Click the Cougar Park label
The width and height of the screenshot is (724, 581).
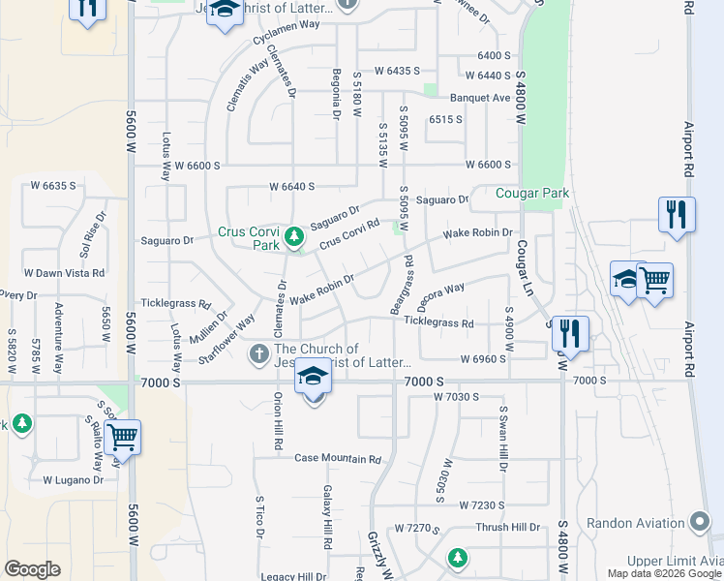tap(531, 194)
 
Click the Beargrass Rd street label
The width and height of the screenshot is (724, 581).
tap(402, 283)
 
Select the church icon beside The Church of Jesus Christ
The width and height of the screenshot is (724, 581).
tap(258, 354)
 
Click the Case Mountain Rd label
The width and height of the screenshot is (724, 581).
tap(338, 458)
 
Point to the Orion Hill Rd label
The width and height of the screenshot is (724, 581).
tap(278, 422)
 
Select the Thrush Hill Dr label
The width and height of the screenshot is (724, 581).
tap(507, 528)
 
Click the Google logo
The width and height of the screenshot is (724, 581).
tap(32, 569)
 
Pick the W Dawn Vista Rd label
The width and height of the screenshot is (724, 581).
tap(64, 274)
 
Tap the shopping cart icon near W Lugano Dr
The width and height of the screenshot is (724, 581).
tap(123, 437)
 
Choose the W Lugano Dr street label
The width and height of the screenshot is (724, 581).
tap(73, 479)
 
